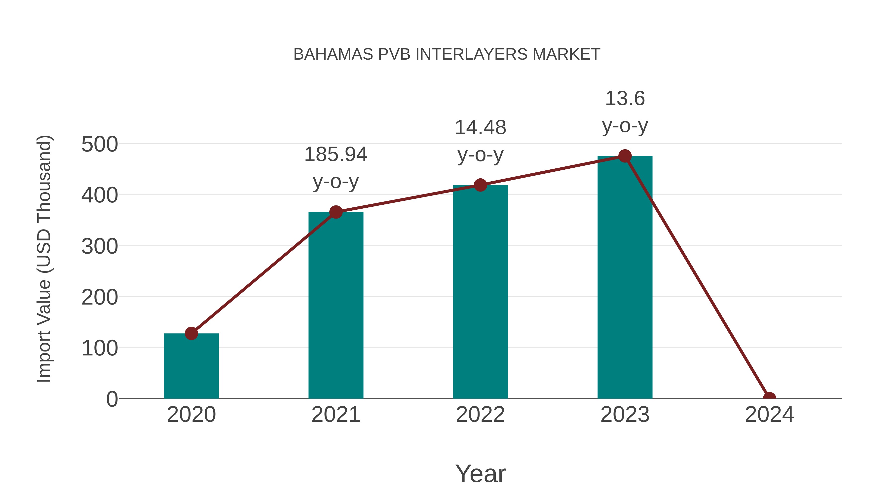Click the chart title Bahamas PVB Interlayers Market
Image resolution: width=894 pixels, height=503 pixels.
point(447,54)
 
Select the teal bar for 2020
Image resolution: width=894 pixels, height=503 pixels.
point(191,366)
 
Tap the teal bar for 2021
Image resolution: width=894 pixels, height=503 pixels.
point(335,306)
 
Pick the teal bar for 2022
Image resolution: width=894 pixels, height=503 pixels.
point(480,292)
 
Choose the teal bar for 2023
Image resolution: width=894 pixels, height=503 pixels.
point(625,278)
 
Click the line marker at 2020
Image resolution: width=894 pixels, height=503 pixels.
point(191,333)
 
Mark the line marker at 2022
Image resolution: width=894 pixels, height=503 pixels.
point(480,185)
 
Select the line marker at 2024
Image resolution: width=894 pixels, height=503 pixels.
point(769,398)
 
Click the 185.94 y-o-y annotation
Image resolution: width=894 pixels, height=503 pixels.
point(335,168)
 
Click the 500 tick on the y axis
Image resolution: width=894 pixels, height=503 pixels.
point(100,144)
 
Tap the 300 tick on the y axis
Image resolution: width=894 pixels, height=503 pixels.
point(100,246)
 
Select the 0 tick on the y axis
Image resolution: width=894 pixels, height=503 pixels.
point(112,399)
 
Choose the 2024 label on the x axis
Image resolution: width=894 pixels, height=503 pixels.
point(769,415)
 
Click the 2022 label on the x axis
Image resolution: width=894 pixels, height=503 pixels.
point(480,415)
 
